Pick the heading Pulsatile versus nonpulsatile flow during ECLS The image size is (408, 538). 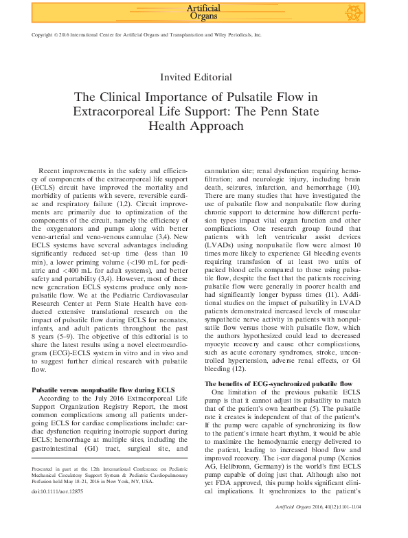pyautogui.click(x=99, y=390)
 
